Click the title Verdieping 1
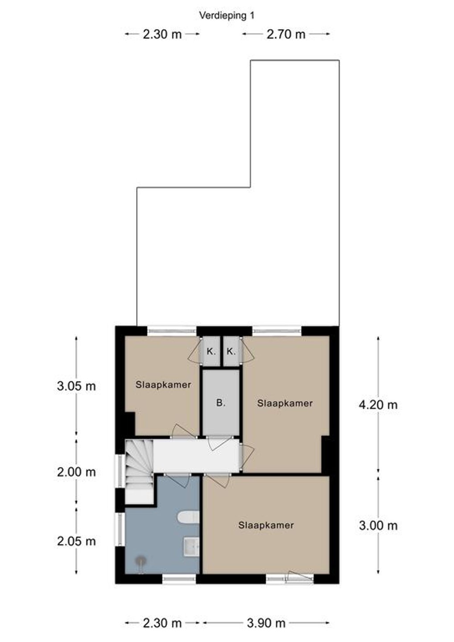[227, 16]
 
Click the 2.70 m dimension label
[286, 34]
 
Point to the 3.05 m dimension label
[76, 386]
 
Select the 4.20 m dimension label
[378, 405]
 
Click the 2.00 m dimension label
[76, 472]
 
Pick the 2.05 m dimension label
[76, 541]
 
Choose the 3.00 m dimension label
[378, 525]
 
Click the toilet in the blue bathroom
[189, 517]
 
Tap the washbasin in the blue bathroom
[191, 547]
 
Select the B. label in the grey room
[220, 403]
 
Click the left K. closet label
[211, 351]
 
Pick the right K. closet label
[231, 351]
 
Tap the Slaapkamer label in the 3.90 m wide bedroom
[266, 525]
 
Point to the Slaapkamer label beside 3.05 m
[163, 385]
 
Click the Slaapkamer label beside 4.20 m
[285, 403]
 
